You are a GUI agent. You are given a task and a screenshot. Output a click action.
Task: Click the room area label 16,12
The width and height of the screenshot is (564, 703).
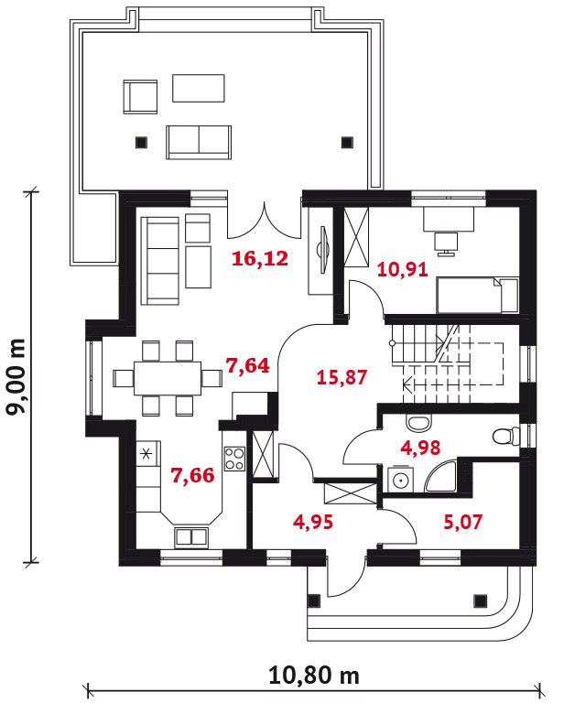tap(260, 259)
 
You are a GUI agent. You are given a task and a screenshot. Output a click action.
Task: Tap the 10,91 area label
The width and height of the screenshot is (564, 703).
tap(403, 270)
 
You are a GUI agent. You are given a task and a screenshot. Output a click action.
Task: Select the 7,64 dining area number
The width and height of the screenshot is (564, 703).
tap(248, 366)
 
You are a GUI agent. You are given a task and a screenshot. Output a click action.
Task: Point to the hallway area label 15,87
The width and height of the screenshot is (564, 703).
tap(342, 377)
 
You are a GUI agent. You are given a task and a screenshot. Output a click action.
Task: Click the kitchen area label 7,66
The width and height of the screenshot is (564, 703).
tap(193, 475)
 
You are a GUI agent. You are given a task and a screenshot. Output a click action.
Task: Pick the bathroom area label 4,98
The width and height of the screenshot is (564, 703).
tap(420, 448)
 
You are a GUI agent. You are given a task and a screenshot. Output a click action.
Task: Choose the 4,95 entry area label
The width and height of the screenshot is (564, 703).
tap(313, 522)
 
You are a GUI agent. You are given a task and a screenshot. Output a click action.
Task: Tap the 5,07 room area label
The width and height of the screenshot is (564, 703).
tap(463, 522)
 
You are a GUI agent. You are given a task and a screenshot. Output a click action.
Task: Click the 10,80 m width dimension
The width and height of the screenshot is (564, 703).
tap(314, 676)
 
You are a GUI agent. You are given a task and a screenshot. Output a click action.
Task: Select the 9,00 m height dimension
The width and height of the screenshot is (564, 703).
tap(16, 377)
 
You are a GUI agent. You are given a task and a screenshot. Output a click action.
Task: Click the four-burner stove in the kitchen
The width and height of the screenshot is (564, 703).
tap(234, 459)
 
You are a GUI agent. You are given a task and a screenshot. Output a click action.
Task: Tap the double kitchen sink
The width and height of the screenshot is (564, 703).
tap(191, 536)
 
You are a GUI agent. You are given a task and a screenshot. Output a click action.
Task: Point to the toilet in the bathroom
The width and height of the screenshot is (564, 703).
tap(505, 437)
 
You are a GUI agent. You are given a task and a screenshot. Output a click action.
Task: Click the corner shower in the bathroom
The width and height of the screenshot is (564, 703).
tap(440, 476)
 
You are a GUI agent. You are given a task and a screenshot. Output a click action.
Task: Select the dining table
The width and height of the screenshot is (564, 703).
tap(168, 378)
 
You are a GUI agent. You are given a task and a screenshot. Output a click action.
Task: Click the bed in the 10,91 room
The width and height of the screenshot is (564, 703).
tap(477, 295)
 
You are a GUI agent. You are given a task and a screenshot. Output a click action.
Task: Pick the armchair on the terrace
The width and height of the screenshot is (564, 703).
tap(140, 96)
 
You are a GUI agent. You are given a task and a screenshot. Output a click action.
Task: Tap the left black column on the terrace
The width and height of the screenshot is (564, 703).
tap(141, 142)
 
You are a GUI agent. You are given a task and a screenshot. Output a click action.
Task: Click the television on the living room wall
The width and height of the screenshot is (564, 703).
tap(324, 249)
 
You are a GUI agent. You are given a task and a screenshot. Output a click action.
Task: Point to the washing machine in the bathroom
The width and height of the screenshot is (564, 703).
tap(400, 479)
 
